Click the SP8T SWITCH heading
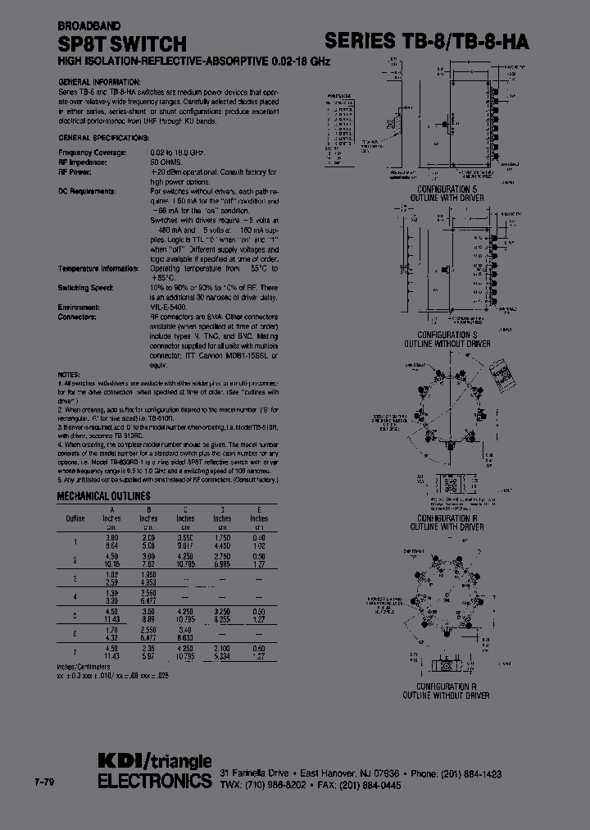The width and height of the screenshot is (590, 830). pyautogui.click(x=122, y=43)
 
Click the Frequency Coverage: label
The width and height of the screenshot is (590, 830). pyautogui.click(x=93, y=153)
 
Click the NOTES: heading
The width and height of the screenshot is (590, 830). pyautogui.click(x=69, y=374)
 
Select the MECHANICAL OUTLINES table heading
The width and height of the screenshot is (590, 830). pyautogui.click(x=102, y=496)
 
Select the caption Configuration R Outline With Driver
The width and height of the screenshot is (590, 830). pyautogui.click(x=451, y=522)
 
